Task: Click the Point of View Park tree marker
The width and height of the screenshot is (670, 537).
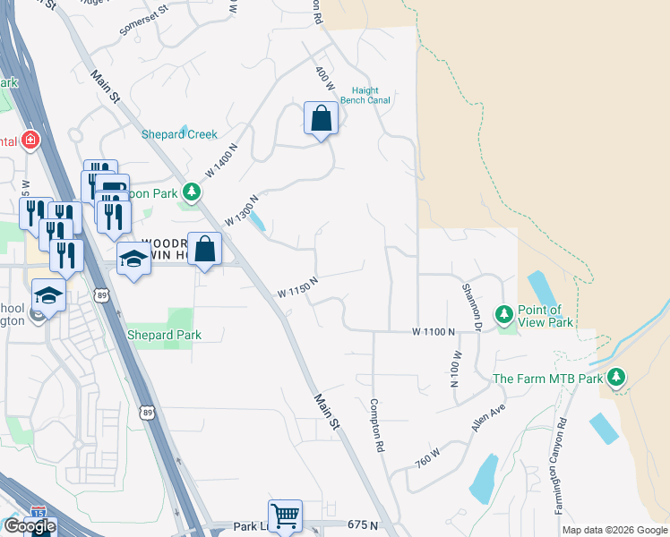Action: click(504, 314)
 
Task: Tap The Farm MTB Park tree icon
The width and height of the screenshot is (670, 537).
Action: click(616, 378)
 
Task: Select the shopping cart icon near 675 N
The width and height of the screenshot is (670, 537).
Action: click(285, 515)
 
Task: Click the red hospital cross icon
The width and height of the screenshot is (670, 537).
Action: click(30, 141)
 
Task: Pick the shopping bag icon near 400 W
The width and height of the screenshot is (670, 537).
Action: click(321, 119)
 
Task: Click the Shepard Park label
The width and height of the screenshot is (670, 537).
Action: click(163, 335)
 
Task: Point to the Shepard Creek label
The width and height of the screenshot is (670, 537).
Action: click(179, 134)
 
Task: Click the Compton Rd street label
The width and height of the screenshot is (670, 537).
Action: click(377, 425)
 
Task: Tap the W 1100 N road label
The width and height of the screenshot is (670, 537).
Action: click(434, 331)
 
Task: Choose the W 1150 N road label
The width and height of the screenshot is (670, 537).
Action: click(298, 287)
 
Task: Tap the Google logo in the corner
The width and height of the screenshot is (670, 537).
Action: click(30, 526)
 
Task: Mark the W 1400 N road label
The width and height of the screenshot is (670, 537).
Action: click(222, 159)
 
